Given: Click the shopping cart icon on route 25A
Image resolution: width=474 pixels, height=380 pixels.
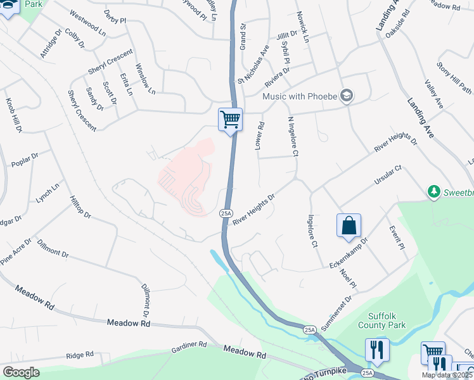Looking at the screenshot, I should pos(230,118).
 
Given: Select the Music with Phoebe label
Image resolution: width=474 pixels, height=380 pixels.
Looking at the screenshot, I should pos(300,96).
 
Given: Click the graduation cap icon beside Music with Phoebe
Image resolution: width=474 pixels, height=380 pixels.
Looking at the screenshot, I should pos(346,96).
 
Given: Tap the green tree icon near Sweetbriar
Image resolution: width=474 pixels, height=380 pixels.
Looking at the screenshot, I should pos(434,191).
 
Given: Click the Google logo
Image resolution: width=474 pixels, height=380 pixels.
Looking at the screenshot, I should pos(21,372).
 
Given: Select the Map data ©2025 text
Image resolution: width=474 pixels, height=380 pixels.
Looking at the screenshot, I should pos(447,375).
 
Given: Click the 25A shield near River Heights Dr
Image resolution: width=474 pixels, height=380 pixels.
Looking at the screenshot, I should pos(226,213).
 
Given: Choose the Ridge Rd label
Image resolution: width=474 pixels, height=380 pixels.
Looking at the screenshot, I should pos(79,355).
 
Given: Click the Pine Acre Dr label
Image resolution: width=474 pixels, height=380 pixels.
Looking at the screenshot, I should pos(15,251).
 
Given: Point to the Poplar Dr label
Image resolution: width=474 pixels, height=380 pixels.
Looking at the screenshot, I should pos(25,160).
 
